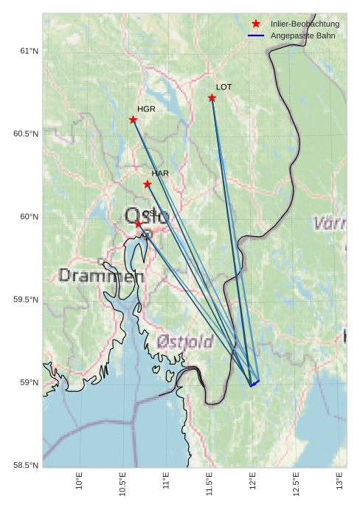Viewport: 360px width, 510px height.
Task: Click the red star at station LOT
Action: pos(212,98)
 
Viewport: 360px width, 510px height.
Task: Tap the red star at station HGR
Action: pos(134,120)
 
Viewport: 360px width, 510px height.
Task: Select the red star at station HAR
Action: pos(148,184)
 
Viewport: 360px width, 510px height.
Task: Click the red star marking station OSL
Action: pos(138,224)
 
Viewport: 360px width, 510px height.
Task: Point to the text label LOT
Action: pos(224,87)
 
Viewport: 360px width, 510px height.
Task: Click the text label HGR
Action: pos(146,109)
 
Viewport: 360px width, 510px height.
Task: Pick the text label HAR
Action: pos(160,173)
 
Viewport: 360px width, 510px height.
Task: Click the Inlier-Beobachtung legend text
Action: pos(305,24)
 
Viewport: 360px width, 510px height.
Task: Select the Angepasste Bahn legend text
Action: pos(299,35)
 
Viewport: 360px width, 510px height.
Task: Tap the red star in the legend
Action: pos(256,24)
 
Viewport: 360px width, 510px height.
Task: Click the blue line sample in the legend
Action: pos(256,35)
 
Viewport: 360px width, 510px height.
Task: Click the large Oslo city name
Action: pos(146,217)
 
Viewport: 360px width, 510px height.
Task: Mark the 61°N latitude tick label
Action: pos(28,51)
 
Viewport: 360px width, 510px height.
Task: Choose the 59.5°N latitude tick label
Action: pos(25,300)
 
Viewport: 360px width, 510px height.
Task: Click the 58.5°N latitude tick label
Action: pos(25,466)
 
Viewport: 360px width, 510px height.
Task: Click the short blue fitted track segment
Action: pos(255,383)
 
